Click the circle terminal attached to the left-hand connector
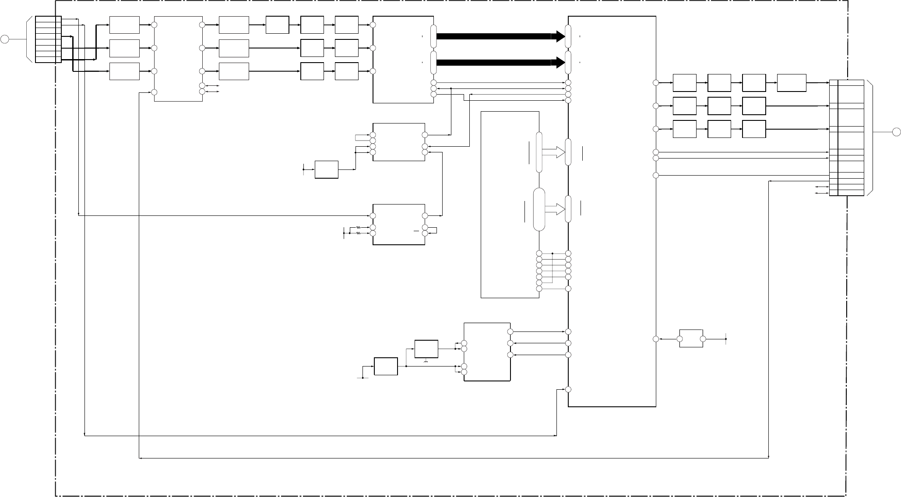(5, 39)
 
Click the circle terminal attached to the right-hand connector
(896, 131)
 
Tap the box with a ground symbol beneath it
(426, 349)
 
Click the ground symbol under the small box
(426, 361)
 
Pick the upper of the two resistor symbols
(358, 227)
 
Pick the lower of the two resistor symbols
(358, 233)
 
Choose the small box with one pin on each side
(691, 338)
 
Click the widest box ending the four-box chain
(792, 83)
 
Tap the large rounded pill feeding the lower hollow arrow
(539, 209)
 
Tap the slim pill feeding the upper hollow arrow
(539, 152)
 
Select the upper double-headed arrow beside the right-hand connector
(821, 187)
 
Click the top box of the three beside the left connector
(124, 25)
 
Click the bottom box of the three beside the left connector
(124, 71)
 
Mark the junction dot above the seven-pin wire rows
(553, 254)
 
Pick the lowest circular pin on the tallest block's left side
(568, 390)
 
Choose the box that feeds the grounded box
(386, 366)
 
